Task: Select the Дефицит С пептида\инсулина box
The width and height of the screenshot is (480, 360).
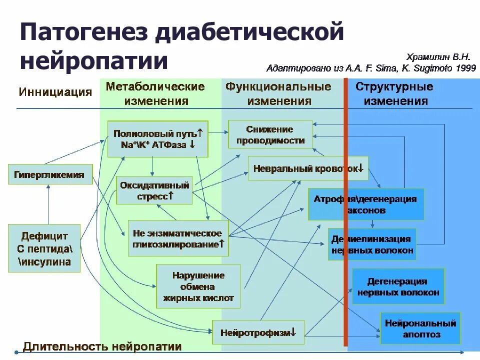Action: pyautogui.click(x=44, y=248)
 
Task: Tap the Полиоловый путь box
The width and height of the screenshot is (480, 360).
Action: pyautogui.click(x=157, y=139)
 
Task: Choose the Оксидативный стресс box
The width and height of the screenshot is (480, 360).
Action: pyautogui.click(x=154, y=190)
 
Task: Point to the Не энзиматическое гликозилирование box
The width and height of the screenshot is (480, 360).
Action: pyautogui.click(x=177, y=239)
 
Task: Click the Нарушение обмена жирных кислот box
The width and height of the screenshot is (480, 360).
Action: pyautogui.click(x=198, y=286)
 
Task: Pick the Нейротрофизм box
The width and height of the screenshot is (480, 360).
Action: pyautogui.click(x=258, y=332)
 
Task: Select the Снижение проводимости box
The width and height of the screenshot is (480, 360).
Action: pyautogui.click(x=270, y=134)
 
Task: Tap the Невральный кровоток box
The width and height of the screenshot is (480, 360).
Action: pyautogui.click(x=308, y=168)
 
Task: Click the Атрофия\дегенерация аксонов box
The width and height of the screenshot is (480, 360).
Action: pyautogui.click(x=365, y=204)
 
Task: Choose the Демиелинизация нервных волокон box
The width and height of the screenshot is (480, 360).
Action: pyautogui.click(x=372, y=244)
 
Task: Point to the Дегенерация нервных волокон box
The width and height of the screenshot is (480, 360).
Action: pyautogui.click(x=398, y=286)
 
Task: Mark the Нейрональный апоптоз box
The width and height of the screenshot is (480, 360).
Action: pyautogui.click(x=420, y=328)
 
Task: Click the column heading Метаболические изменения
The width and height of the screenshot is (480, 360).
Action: pyautogui.click(x=155, y=93)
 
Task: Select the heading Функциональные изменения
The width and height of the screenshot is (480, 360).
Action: pyautogui.click(x=278, y=93)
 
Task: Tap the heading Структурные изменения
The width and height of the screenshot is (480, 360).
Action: pyautogui.click(x=394, y=93)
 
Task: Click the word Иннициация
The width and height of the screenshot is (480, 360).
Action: pyautogui.click(x=55, y=92)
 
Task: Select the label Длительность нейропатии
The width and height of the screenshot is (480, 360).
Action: pyautogui.click(x=102, y=346)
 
